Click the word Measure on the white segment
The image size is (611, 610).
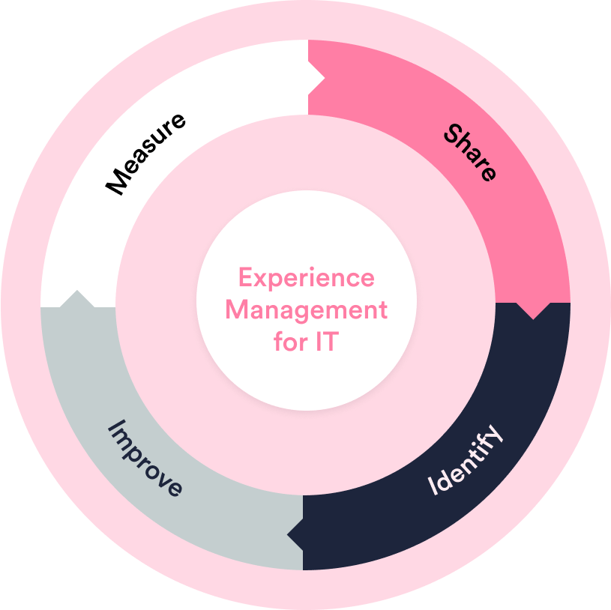pyautogui.click(x=145, y=153)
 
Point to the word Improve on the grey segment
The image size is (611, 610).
pyautogui.click(x=145, y=458)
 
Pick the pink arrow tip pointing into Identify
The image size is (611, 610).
pyautogui.click(x=533, y=311)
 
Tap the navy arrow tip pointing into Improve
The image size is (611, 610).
pyautogui.click(x=295, y=533)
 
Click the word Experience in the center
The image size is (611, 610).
pyautogui.click(x=306, y=278)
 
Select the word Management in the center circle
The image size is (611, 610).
pyautogui.click(x=306, y=309)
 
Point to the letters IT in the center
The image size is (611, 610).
pyautogui.click(x=329, y=342)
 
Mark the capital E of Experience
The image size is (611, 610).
pyautogui.click(x=245, y=278)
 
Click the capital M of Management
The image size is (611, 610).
pyautogui.click(x=235, y=309)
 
